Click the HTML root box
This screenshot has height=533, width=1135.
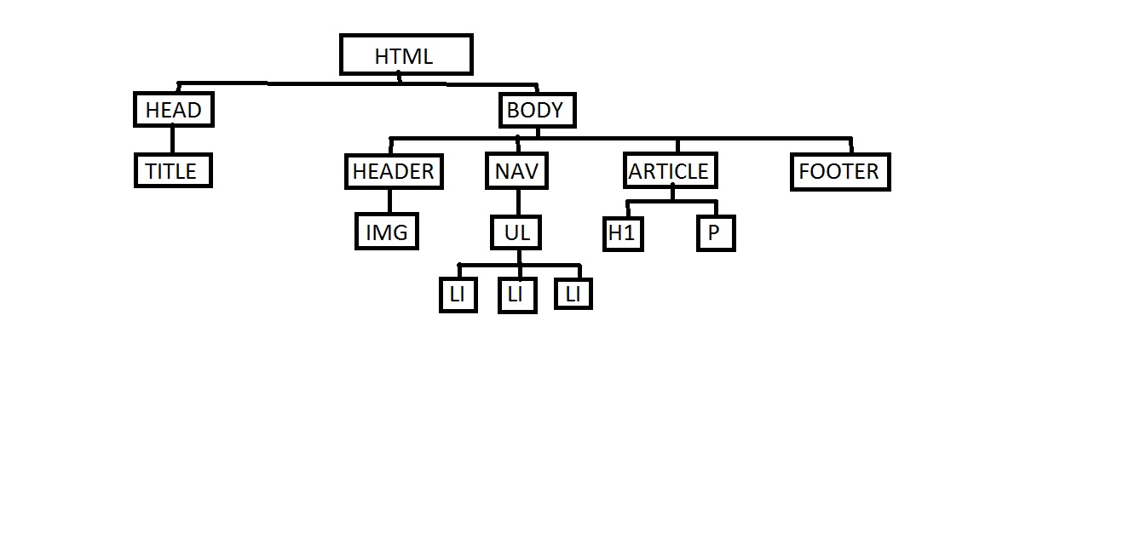(x=406, y=55)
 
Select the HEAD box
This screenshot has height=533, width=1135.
(x=173, y=110)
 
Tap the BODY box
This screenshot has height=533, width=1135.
(x=536, y=110)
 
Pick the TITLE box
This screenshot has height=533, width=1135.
(x=172, y=170)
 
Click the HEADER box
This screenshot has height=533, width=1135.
(x=394, y=171)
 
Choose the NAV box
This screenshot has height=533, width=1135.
(x=517, y=171)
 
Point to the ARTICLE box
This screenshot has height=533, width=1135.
(x=670, y=171)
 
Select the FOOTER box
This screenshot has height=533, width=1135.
(x=839, y=172)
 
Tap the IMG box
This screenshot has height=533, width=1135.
(x=387, y=232)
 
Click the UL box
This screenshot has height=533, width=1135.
(x=517, y=232)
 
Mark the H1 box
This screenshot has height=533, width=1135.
(x=623, y=232)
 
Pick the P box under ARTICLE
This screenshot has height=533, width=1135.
(x=715, y=232)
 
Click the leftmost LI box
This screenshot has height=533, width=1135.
(x=458, y=295)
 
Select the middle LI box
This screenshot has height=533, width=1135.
(x=516, y=295)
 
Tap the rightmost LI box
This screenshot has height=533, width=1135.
(x=573, y=293)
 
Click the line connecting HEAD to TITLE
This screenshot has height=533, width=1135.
(x=172, y=140)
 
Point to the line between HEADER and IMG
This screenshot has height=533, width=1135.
(x=390, y=201)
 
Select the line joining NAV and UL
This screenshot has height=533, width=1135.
(x=518, y=202)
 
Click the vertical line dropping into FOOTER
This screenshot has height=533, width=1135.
(x=850, y=146)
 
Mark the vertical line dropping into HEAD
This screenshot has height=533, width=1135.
(x=178, y=88)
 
